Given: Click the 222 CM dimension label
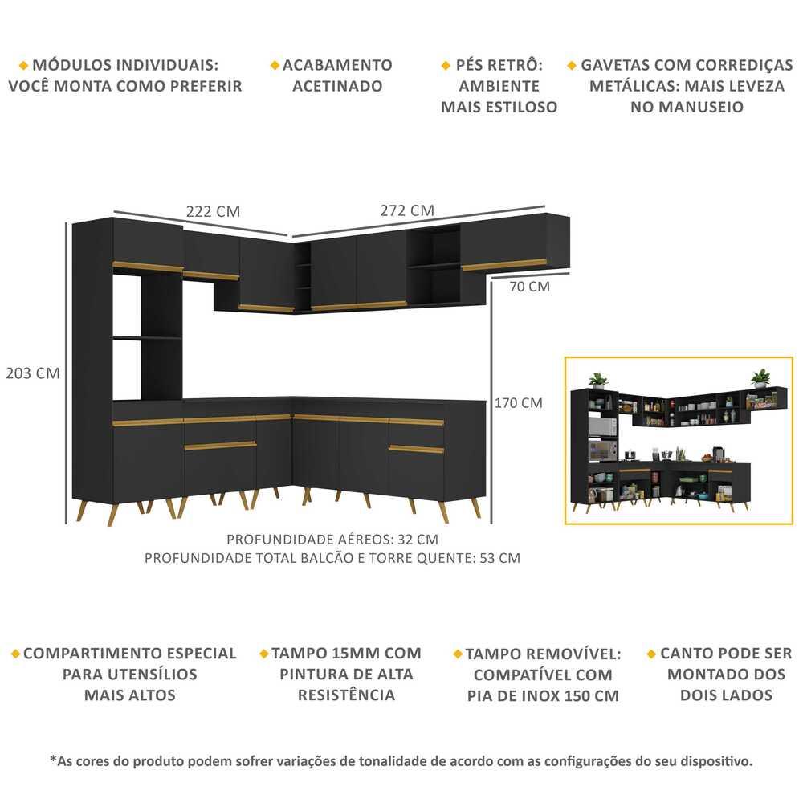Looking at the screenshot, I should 213,211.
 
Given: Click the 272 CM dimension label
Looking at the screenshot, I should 407,210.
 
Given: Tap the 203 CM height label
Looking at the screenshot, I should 33,373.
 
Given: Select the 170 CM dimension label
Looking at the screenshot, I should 520,402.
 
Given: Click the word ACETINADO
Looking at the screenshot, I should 337,86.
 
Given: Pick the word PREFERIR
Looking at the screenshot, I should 206,86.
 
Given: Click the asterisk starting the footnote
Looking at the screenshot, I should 53,760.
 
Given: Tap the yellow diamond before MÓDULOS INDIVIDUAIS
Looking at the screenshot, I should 23,65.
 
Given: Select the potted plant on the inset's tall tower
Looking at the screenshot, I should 597,379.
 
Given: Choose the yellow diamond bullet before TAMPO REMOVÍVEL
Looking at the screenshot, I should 458,654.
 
